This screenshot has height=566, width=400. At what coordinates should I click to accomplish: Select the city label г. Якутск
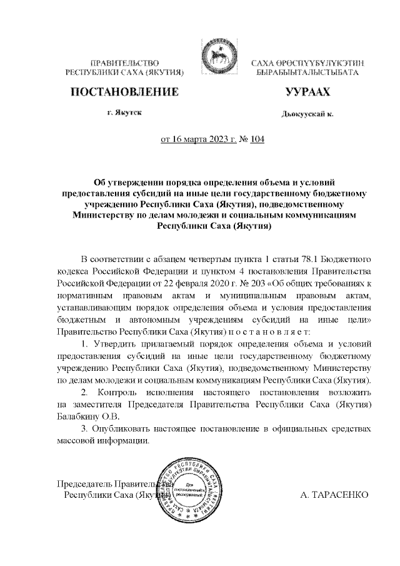[x=124, y=113]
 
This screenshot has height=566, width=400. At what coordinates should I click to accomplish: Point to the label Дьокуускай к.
[x=307, y=114]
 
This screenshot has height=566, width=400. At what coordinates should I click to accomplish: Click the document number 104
[x=256, y=139]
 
